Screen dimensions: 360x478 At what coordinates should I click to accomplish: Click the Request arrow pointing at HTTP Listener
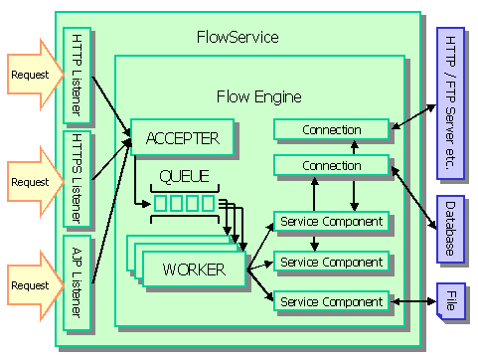point(35,75)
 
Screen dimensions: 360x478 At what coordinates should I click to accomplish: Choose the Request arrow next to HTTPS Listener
point(35,181)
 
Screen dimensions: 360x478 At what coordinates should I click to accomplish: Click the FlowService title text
point(238,38)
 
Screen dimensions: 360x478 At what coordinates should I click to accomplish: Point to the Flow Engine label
point(259,96)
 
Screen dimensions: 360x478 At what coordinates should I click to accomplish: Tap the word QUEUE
point(185,178)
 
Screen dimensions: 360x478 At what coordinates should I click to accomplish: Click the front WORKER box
point(194,269)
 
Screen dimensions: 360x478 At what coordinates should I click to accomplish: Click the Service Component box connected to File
point(331,300)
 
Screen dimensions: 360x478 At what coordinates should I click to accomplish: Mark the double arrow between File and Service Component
point(412,300)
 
